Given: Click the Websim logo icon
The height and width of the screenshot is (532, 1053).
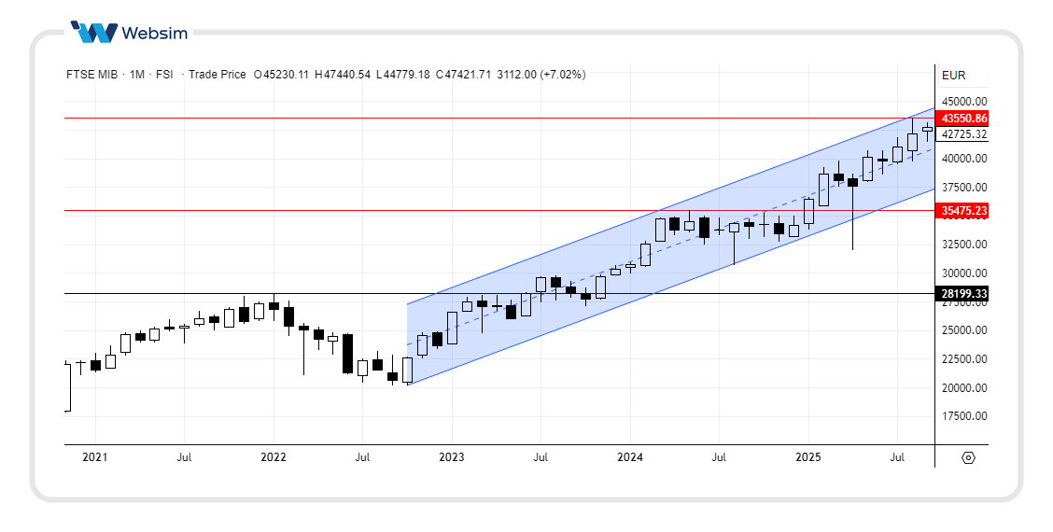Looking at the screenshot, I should pos(94,33).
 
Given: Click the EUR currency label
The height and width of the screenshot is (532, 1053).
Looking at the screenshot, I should pos(953,76).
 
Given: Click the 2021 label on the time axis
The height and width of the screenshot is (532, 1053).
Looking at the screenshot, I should pos(95,457).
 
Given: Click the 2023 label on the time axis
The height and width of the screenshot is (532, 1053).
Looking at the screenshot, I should pos(451,457).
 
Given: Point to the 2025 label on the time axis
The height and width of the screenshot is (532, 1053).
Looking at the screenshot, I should pos(807,457).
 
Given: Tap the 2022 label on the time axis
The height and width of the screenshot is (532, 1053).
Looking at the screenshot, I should pos(274,457).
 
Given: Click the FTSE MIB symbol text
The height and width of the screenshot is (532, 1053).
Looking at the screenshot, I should pos(91,75).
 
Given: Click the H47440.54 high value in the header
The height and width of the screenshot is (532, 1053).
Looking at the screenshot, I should pos(343,75).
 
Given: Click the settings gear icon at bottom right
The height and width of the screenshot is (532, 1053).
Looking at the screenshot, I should pos(968,457).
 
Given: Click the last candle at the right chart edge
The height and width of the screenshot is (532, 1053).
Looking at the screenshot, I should pos(927,130).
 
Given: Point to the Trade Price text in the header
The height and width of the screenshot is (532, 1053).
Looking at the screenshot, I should pos(217,75).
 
